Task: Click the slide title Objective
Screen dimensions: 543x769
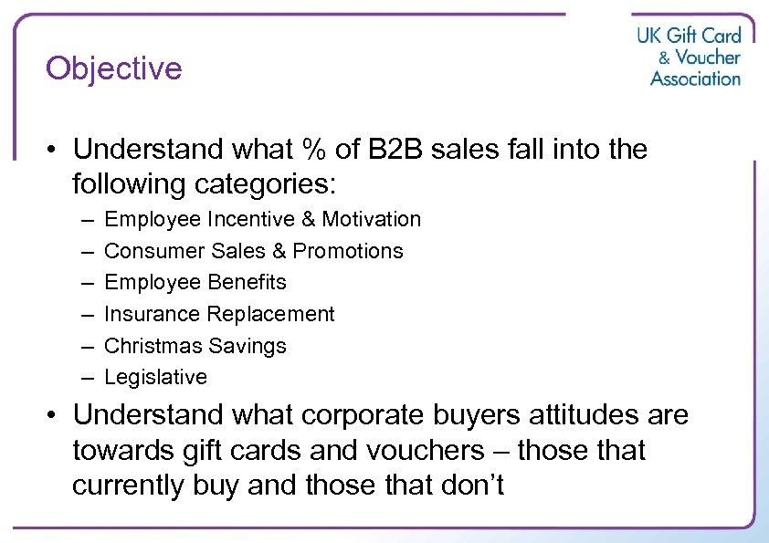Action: (114, 68)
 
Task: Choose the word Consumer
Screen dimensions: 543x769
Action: (148, 251)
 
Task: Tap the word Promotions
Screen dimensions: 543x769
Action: (348, 251)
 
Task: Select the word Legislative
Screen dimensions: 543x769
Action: (155, 377)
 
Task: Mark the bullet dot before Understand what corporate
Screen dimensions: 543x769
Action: (54, 416)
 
